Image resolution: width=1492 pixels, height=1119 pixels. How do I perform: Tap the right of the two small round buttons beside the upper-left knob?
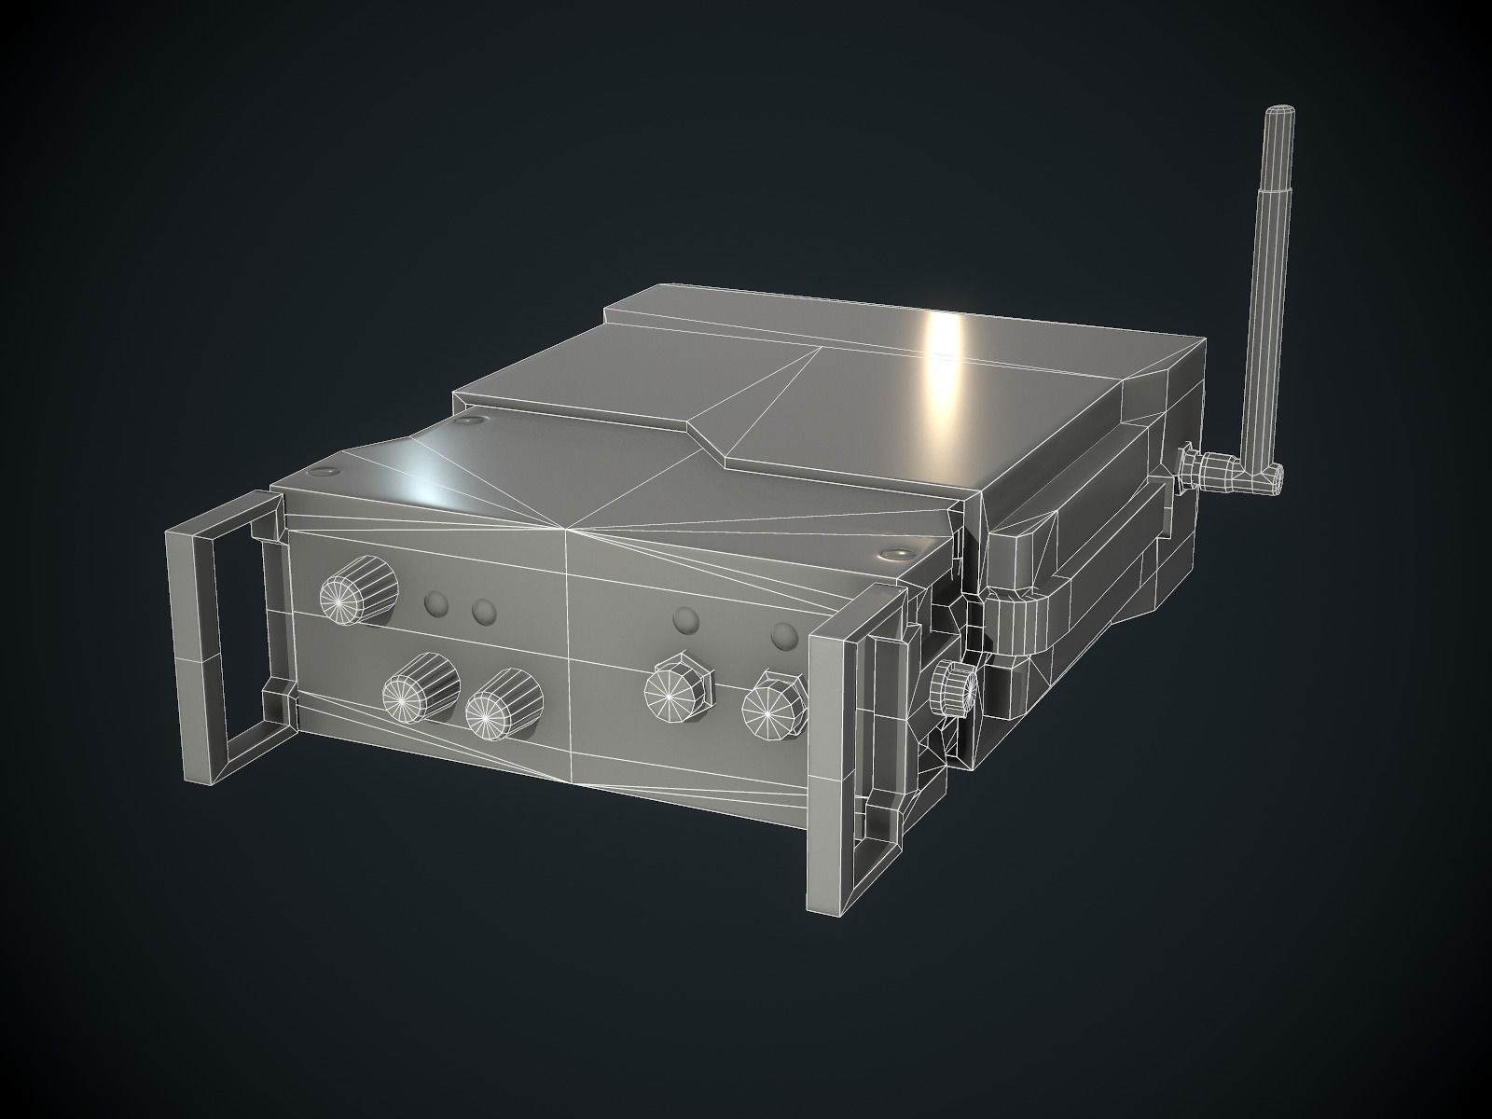click(483, 612)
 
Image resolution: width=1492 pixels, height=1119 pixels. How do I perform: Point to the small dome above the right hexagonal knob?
click(785, 636)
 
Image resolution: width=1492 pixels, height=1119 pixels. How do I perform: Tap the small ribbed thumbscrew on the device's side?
click(951, 688)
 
